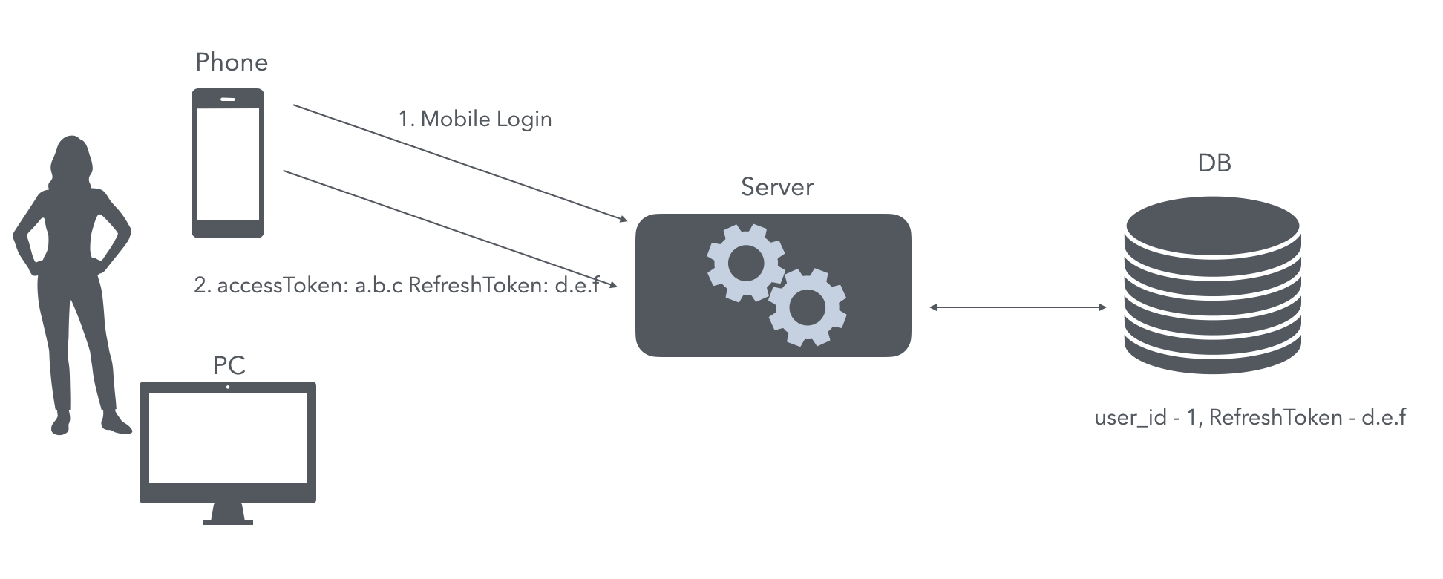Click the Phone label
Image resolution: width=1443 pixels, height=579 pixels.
click(x=232, y=62)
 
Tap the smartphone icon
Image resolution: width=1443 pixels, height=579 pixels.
click(x=228, y=163)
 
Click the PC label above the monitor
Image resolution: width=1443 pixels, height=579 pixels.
click(x=229, y=365)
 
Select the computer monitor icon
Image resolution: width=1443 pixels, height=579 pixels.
click(x=228, y=453)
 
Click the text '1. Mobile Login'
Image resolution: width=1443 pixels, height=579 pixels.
click(x=475, y=120)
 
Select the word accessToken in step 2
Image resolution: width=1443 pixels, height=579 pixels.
click(x=283, y=285)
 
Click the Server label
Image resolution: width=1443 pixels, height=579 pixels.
click(x=777, y=187)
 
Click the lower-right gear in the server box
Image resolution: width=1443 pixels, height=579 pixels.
click(x=808, y=307)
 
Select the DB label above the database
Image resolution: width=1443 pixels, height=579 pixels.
click(x=1214, y=163)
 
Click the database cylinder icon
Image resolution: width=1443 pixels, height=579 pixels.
click(x=1213, y=284)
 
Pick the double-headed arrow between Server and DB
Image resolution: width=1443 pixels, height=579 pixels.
click(x=1018, y=307)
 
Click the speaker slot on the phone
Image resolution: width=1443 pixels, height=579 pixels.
click(x=228, y=99)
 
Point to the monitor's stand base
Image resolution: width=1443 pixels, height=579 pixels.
click(x=228, y=522)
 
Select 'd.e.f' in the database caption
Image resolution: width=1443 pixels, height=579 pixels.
click(x=1384, y=417)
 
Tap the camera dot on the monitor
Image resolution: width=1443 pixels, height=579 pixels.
click(x=228, y=387)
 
